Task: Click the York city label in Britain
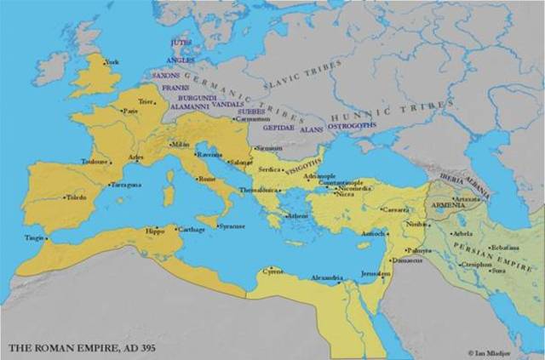point(112,62)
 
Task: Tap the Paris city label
point(131,111)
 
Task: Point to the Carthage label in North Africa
point(192,229)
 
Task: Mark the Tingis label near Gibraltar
point(34,237)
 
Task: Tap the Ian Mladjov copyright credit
point(503,351)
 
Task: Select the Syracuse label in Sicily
point(232,226)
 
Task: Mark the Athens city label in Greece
point(299,216)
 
